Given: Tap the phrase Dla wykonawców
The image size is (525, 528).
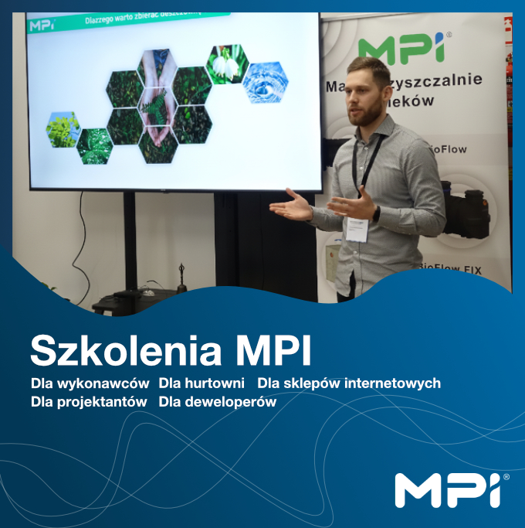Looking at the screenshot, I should click(90, 383).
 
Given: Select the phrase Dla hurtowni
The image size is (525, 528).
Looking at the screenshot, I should click(202, 383).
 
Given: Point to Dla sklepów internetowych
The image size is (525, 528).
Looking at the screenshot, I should click(349, 383).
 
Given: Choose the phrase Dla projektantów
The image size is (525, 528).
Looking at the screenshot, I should click(89, 402).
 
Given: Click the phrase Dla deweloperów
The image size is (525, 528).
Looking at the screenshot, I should click(217, 402).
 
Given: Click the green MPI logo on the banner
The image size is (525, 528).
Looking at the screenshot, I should click(401, 47).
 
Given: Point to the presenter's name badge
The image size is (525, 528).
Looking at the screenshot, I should click(357, 230).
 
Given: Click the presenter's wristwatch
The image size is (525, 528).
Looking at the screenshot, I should click(376, 213).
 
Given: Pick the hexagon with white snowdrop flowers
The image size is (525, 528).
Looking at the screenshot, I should click(226, 63).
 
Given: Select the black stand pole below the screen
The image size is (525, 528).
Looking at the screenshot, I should click(130, 240).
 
